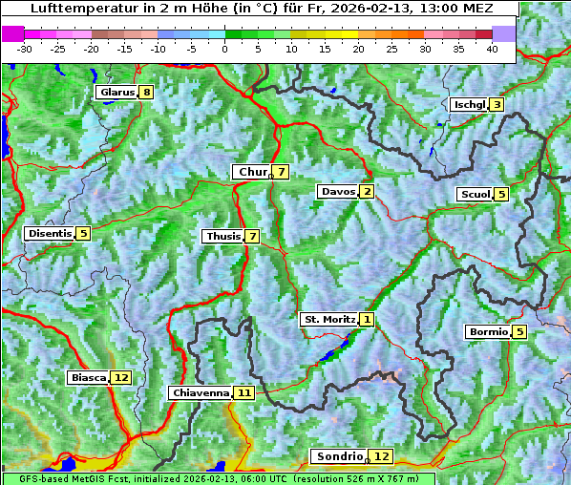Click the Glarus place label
[x=116, y=93]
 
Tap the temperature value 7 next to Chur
[x=282, y=172]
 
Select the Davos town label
[x=337, y=192]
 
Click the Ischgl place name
[x=469, y=105]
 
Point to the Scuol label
[x=475, y=195]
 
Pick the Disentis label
[x=50, y=233]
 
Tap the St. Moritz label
[x=328, y=319]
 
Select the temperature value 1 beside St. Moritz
[x=368, y=319]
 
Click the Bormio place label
[x=488, y=332]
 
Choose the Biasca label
[x=88, y=378]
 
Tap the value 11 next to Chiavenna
[x=244, y=392]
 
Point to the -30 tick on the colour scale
[x=24, y=48]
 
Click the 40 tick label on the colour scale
[x=492, y=48]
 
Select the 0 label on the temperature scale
[x=224, y=48]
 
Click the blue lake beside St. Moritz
[x=333, y=352]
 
